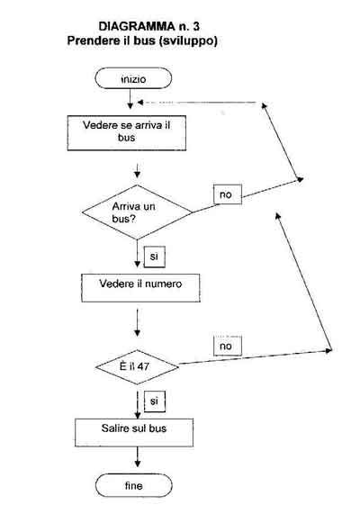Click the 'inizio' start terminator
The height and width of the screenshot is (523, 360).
coord(133,78)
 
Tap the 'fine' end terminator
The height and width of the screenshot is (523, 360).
coord(134,485)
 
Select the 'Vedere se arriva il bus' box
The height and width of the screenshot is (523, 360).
coord(127,133)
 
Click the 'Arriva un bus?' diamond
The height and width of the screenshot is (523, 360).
coord(137,212)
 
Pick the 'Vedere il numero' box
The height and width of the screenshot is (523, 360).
coord(140,288)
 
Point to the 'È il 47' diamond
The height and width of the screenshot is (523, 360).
coord(137,367)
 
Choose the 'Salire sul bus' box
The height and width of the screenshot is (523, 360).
coord(134,433)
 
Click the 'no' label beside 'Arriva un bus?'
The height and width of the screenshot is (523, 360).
coord(228,194)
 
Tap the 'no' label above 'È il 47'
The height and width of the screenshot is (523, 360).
coord(228,346)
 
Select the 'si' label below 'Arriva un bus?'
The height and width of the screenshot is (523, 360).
coord(154,257)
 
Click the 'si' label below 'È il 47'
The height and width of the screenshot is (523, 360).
coord(154,401)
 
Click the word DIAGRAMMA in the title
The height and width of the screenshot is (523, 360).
coord(137,26)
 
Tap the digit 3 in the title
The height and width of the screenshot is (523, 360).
coord(196,26)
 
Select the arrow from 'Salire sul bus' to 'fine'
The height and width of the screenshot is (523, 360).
coord(138,457)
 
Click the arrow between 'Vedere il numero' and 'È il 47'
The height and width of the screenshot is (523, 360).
coord(138,322)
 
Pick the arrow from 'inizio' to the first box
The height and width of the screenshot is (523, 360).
coord(130,99)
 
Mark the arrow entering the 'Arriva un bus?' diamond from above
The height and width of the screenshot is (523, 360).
coord(138,171)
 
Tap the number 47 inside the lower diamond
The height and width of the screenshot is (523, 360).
coord(143,366)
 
